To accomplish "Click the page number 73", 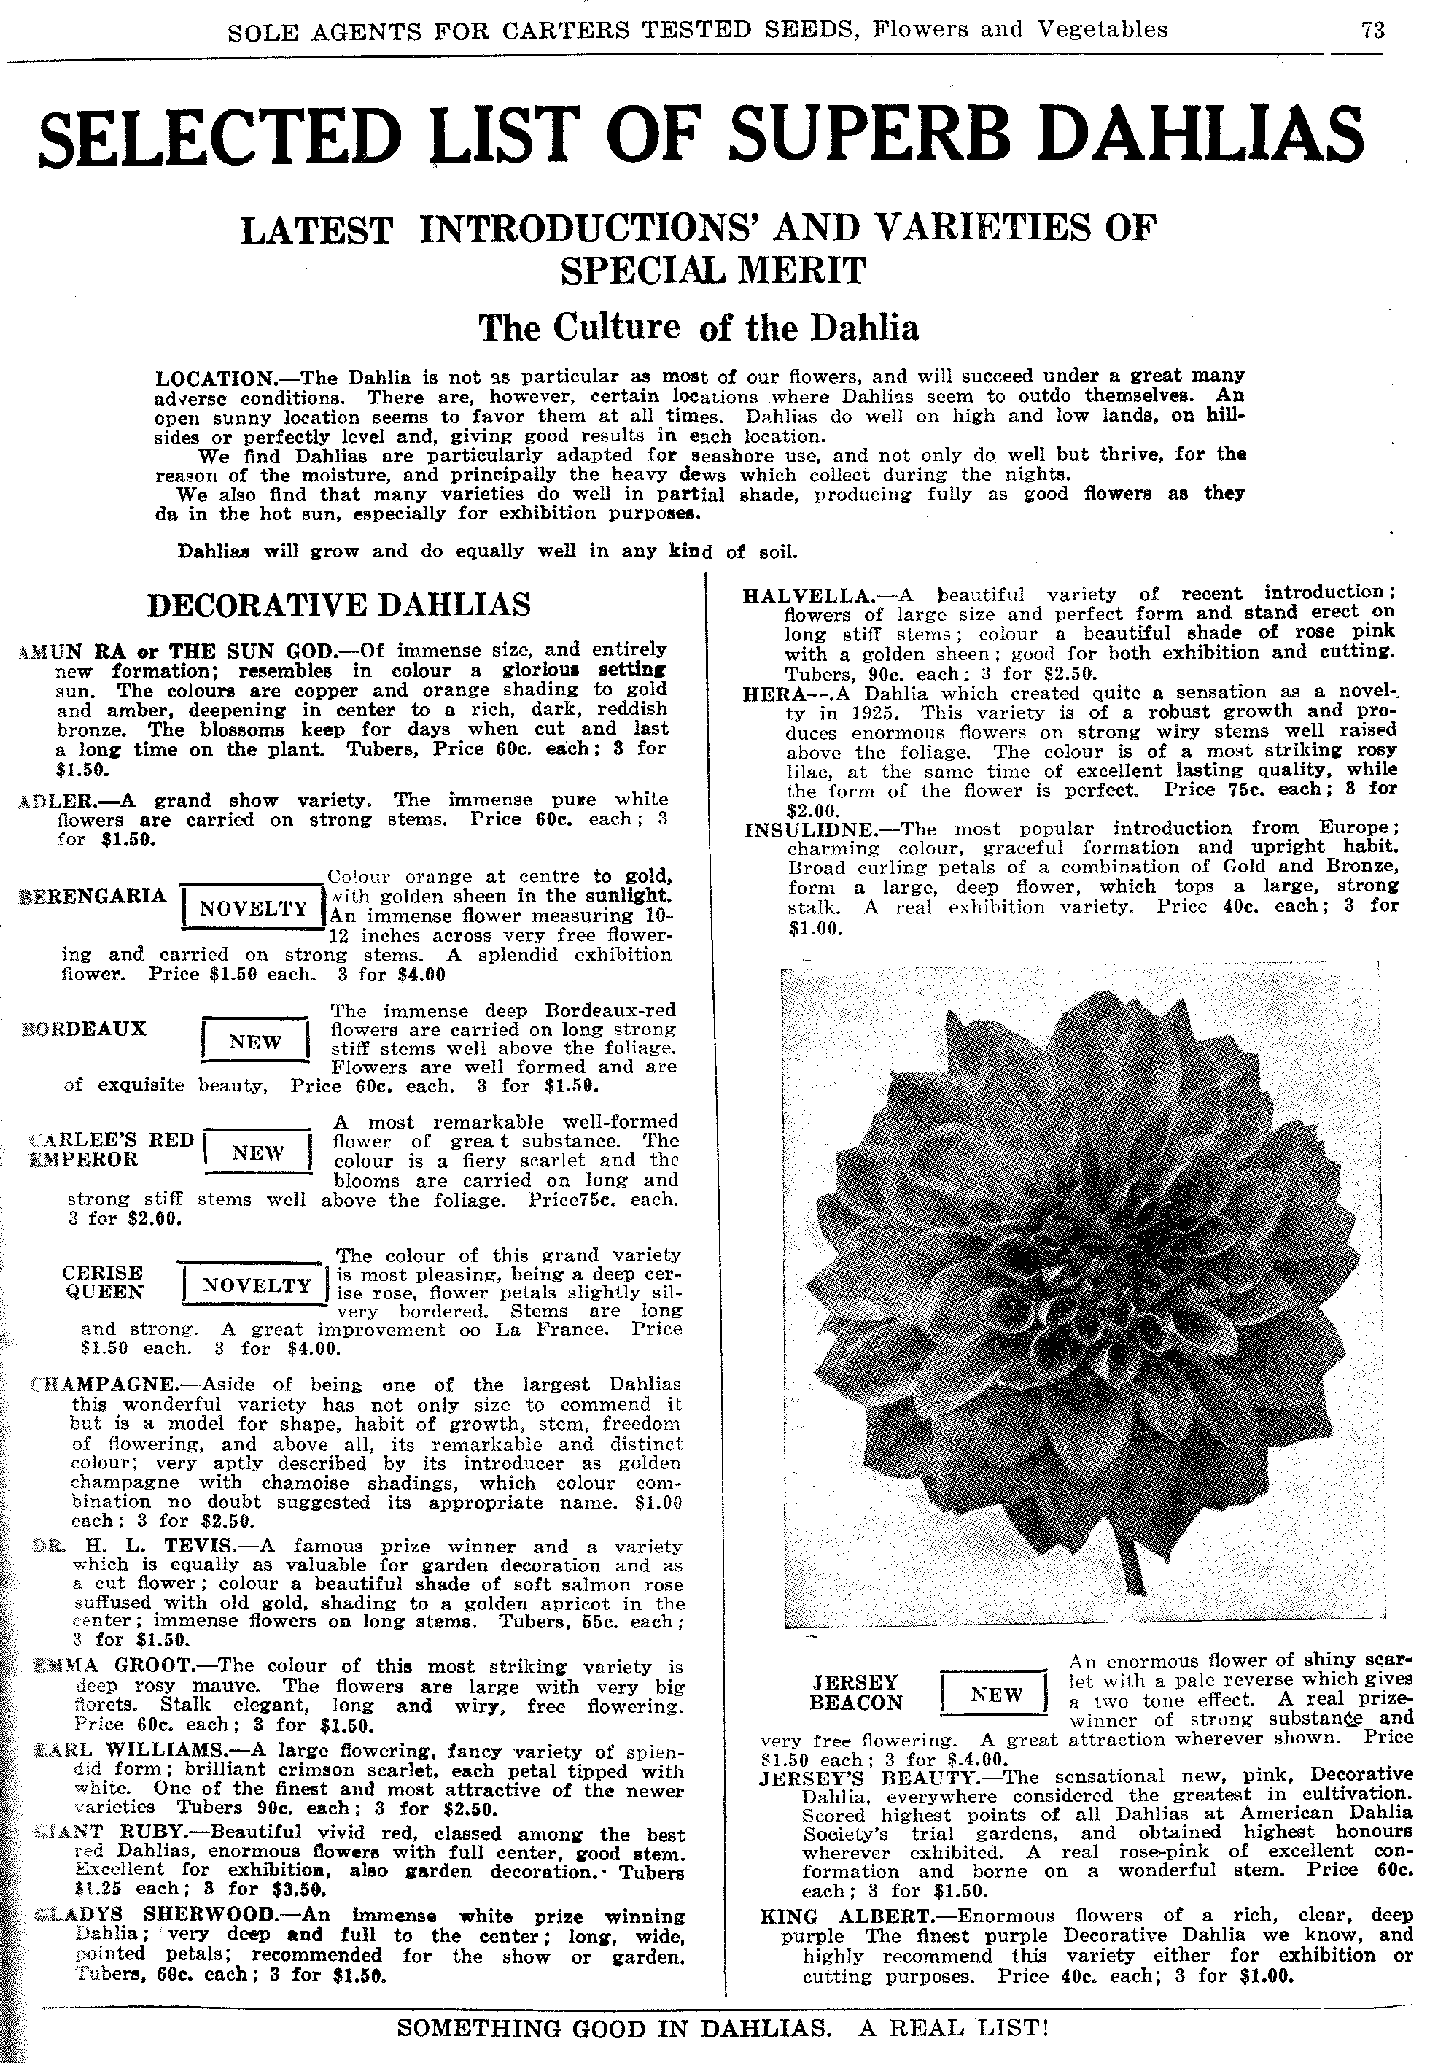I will [1372, 30].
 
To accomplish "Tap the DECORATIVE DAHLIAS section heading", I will [338, 604].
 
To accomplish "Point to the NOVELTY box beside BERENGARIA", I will [253, 907].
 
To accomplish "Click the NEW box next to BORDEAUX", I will [255, 1042].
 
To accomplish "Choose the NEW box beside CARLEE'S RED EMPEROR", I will [258, 1152].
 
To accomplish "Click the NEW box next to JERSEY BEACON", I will [995, 1694].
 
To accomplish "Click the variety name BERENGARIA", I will [93, 896].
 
